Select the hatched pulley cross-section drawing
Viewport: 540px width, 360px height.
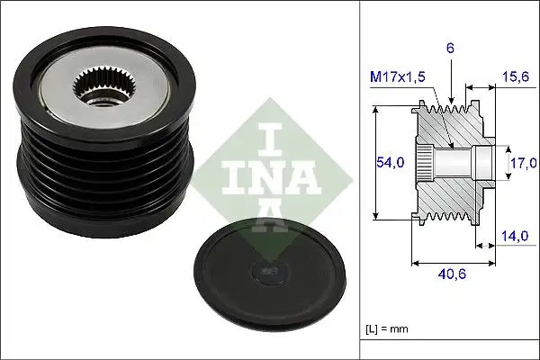click(450, 162)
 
